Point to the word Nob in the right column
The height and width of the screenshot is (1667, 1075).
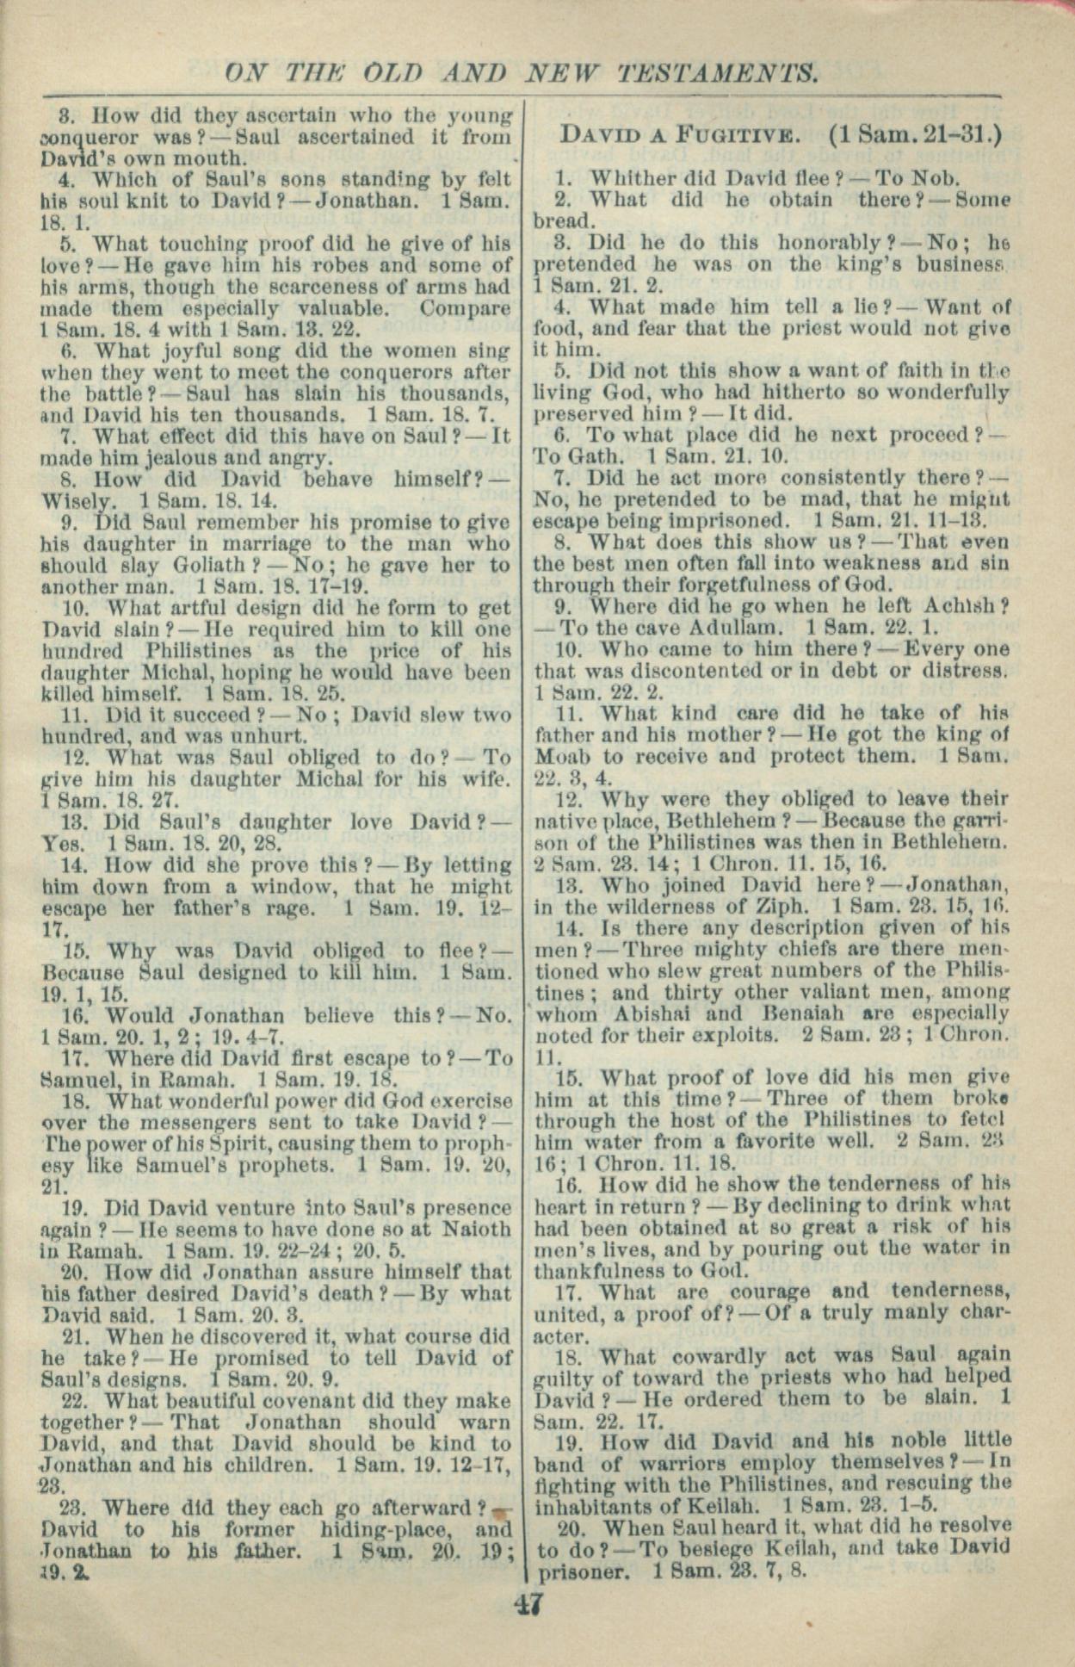pyautogui.click(x=935, y=179)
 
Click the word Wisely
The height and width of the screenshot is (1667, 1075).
pyautogui.click(x=77, y=501)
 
